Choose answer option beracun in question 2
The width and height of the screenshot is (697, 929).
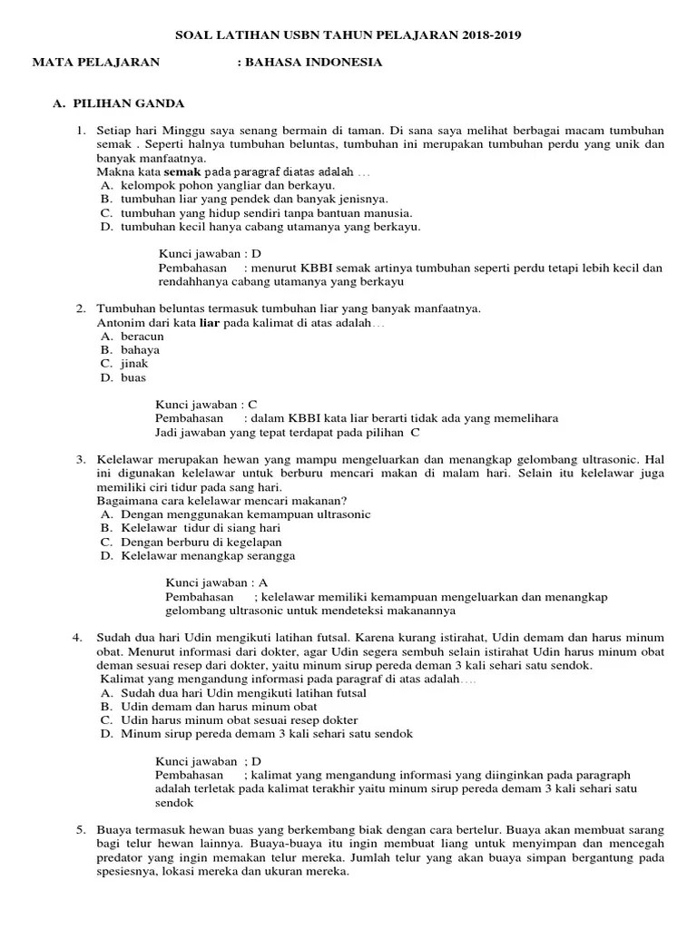coord(142,337)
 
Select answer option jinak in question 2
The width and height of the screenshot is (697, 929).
coord(134,364)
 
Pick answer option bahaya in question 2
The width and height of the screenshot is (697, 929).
coord(140,350)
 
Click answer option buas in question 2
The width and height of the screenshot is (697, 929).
coord(133,377)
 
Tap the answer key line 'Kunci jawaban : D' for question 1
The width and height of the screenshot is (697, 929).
coord(210,254)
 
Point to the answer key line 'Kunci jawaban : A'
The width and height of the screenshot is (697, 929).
coord(216,582)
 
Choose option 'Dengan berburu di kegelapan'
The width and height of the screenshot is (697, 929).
coord(201,542)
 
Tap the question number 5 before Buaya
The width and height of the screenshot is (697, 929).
coord(81,829)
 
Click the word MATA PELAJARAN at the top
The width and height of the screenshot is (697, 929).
coord(95,63)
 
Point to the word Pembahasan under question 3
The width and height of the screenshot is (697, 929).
coord(199,597)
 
